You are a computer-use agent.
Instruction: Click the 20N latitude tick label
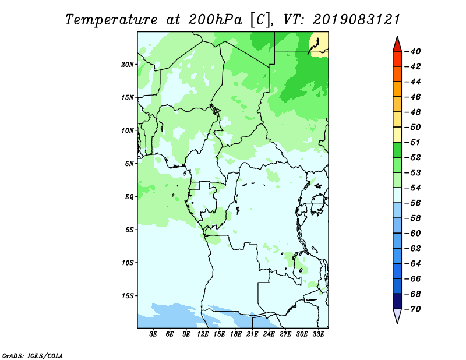(x=127, y=65)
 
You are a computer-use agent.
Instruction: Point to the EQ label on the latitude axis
(x=129, y=197)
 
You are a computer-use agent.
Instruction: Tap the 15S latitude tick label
(x=127, y=296)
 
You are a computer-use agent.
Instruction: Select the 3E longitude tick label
(x=153, y=334)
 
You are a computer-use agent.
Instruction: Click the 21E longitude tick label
(x=252, y=334)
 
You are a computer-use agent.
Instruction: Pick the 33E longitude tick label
(x=318, y=334)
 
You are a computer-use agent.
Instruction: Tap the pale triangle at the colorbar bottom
(x=397, y=316)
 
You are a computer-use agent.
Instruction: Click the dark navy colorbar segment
(x=397, y=301)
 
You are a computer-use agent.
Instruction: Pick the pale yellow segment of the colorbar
(x=397, y=135)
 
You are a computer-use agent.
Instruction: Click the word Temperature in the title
(x=111, y=20)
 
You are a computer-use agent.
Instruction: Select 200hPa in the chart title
(x=216, y=20)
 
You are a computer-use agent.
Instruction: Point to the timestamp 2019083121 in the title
(x=356, y=20)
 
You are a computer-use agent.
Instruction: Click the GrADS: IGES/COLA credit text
(x=33, y=356)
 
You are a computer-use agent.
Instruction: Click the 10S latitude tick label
(x=127, y=263)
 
